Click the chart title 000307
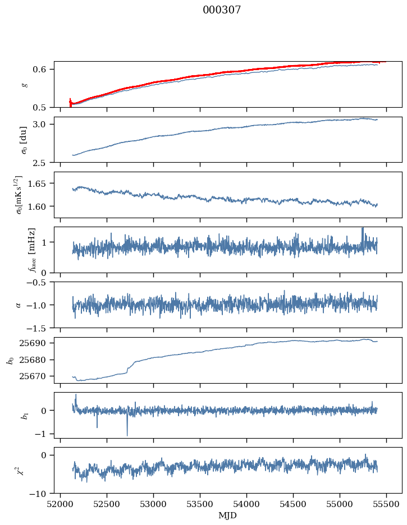click(x=222, y=10)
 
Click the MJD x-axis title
click(x=227, y=515)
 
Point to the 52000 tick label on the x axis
click(x=61, y=504)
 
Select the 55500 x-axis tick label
click(x=386, y=504)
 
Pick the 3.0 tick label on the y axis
click(x=45, y=124)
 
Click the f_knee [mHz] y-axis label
click(x=31, y=250)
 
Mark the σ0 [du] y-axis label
click(x=24, y=140)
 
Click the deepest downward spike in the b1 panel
click(x=127, y=435)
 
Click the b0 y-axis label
click(x=10, y=360)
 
